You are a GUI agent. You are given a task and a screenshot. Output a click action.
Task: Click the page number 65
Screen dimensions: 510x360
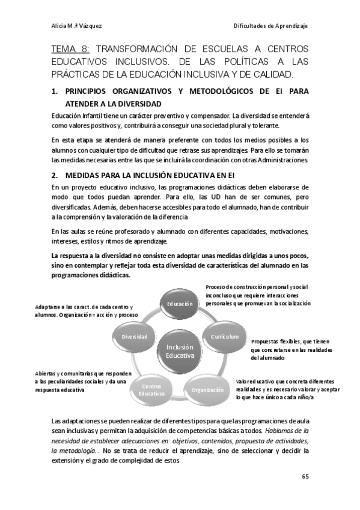[305, 477]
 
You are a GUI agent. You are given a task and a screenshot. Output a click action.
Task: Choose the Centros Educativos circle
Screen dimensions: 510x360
[151, 389]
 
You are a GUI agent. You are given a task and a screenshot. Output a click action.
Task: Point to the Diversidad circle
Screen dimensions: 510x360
[134, 336]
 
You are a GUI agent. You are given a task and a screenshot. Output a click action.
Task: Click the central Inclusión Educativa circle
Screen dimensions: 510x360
[180, 351]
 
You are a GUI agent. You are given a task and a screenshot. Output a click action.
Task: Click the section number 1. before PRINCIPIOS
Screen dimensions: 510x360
[55, 91]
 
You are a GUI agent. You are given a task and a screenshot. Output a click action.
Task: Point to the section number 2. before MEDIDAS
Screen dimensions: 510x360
[55, 175]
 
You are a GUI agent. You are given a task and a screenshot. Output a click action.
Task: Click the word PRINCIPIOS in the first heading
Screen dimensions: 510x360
[91, 91]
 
